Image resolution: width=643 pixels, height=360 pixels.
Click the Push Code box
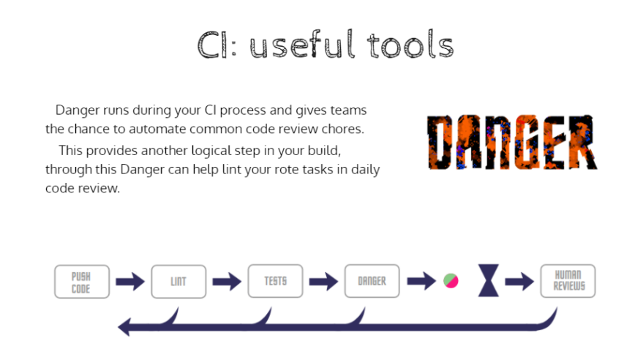coord(82,282)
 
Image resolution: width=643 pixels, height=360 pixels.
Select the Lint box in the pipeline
coord(178,282)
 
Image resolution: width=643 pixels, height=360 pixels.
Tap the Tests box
coord(276,281)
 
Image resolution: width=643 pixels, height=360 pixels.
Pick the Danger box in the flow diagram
coord(372,281)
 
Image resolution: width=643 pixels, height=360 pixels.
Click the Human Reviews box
coord(568,281)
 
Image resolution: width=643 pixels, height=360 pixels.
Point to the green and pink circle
coord(451,281)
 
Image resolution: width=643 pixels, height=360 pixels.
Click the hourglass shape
coord(489,280)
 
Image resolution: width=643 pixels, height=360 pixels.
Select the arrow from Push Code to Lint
coord(130,282)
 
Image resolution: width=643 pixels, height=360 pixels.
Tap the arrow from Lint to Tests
coord(228,282)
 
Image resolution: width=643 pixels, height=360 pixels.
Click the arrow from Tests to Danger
coord(324,282)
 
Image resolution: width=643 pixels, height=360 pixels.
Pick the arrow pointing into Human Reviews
coord(519,281)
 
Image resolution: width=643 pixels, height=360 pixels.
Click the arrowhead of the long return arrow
coord(124,327)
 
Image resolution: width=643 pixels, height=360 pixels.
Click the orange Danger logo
coord(512,142)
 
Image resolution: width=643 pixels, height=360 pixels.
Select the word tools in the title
coord(410,45)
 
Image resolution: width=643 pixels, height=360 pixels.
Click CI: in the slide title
coord(217,45)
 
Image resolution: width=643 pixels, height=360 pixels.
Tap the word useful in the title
coord(302,45)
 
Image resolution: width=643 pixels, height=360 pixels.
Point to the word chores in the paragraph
coord(343,129)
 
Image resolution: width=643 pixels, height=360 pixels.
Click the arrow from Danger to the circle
coord(421,281)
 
